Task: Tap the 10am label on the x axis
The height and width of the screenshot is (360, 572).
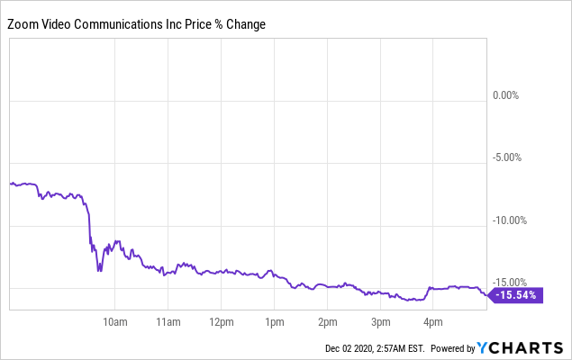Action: tap(114, 321)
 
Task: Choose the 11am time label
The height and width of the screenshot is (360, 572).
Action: tap(168, 321)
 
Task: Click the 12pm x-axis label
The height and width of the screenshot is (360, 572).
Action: tap(221, 321)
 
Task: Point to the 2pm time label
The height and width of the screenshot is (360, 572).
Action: tap(327, 321)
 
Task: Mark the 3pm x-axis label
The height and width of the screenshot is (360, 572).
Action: tap(380, 321)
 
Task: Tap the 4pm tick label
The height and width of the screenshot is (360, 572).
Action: tap(433, 321)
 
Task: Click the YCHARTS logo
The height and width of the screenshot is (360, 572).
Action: tap(521, 347)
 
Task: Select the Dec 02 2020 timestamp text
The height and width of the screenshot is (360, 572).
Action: tap(355, 348)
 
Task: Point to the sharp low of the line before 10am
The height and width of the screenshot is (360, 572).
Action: tap(99, 270)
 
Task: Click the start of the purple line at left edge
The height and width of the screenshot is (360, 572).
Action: tap(11, 184)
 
